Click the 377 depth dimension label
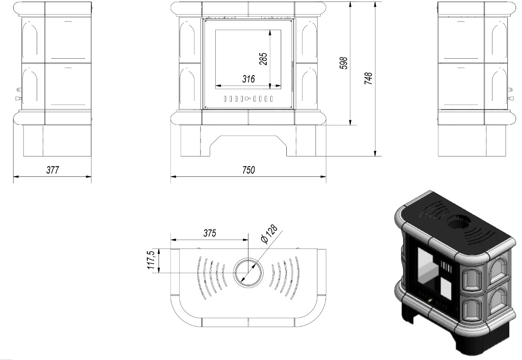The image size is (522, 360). [53, 170]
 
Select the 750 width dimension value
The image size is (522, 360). [248, 170]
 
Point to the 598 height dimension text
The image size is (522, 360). [343, 63]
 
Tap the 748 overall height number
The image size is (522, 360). [368, 78]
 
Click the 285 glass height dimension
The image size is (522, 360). [263, 59]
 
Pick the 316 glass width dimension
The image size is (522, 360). [248, 79]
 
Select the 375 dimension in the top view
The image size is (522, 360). [210, 233]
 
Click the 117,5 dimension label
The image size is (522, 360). [151, 260]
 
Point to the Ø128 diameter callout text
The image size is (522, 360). [270, 234]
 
